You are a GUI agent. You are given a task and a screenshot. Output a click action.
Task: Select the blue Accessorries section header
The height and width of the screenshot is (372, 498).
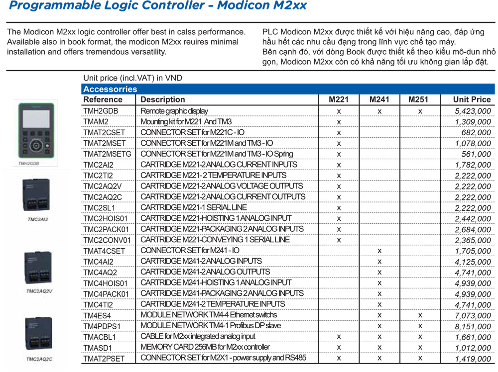(110, 89)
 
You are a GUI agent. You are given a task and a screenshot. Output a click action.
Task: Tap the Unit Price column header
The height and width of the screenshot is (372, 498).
(472, 99)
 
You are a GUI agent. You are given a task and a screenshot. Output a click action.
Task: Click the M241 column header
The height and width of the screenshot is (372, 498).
(379, 99)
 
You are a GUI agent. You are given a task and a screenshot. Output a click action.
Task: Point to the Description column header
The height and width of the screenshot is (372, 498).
(163, 99)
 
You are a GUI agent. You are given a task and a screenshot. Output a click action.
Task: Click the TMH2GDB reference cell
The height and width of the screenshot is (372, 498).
(101, 111)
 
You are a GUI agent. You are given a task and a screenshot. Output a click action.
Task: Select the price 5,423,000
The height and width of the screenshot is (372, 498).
(473, 111)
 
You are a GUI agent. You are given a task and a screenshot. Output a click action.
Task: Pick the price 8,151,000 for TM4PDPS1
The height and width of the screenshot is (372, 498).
(473, 326)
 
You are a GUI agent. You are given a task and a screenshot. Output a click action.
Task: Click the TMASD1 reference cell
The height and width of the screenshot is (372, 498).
(98, 348)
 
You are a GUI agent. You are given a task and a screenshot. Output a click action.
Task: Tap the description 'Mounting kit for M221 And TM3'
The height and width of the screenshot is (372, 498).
(186, 121)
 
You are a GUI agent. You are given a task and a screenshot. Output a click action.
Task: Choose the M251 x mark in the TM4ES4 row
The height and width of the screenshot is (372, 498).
(420, 315)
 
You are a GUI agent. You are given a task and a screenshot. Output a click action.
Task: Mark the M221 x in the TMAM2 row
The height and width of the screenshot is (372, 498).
(339, 122)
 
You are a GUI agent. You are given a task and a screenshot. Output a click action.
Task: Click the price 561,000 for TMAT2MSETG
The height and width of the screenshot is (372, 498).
(477, 154)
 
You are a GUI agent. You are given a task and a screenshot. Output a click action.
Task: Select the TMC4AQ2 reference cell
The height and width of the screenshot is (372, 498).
(100, 273)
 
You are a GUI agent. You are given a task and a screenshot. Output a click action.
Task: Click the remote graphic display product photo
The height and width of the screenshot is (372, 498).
(37, 129)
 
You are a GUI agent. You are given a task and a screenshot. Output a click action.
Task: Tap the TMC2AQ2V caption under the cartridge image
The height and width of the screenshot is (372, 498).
(39, 291)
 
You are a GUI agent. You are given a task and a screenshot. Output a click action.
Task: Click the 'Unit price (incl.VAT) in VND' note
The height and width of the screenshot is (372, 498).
(133, 78)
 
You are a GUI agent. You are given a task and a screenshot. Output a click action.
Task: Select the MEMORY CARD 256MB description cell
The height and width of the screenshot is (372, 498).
(205, 347)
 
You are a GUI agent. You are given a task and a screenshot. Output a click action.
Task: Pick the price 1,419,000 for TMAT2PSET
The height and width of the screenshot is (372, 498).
(473, 359)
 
